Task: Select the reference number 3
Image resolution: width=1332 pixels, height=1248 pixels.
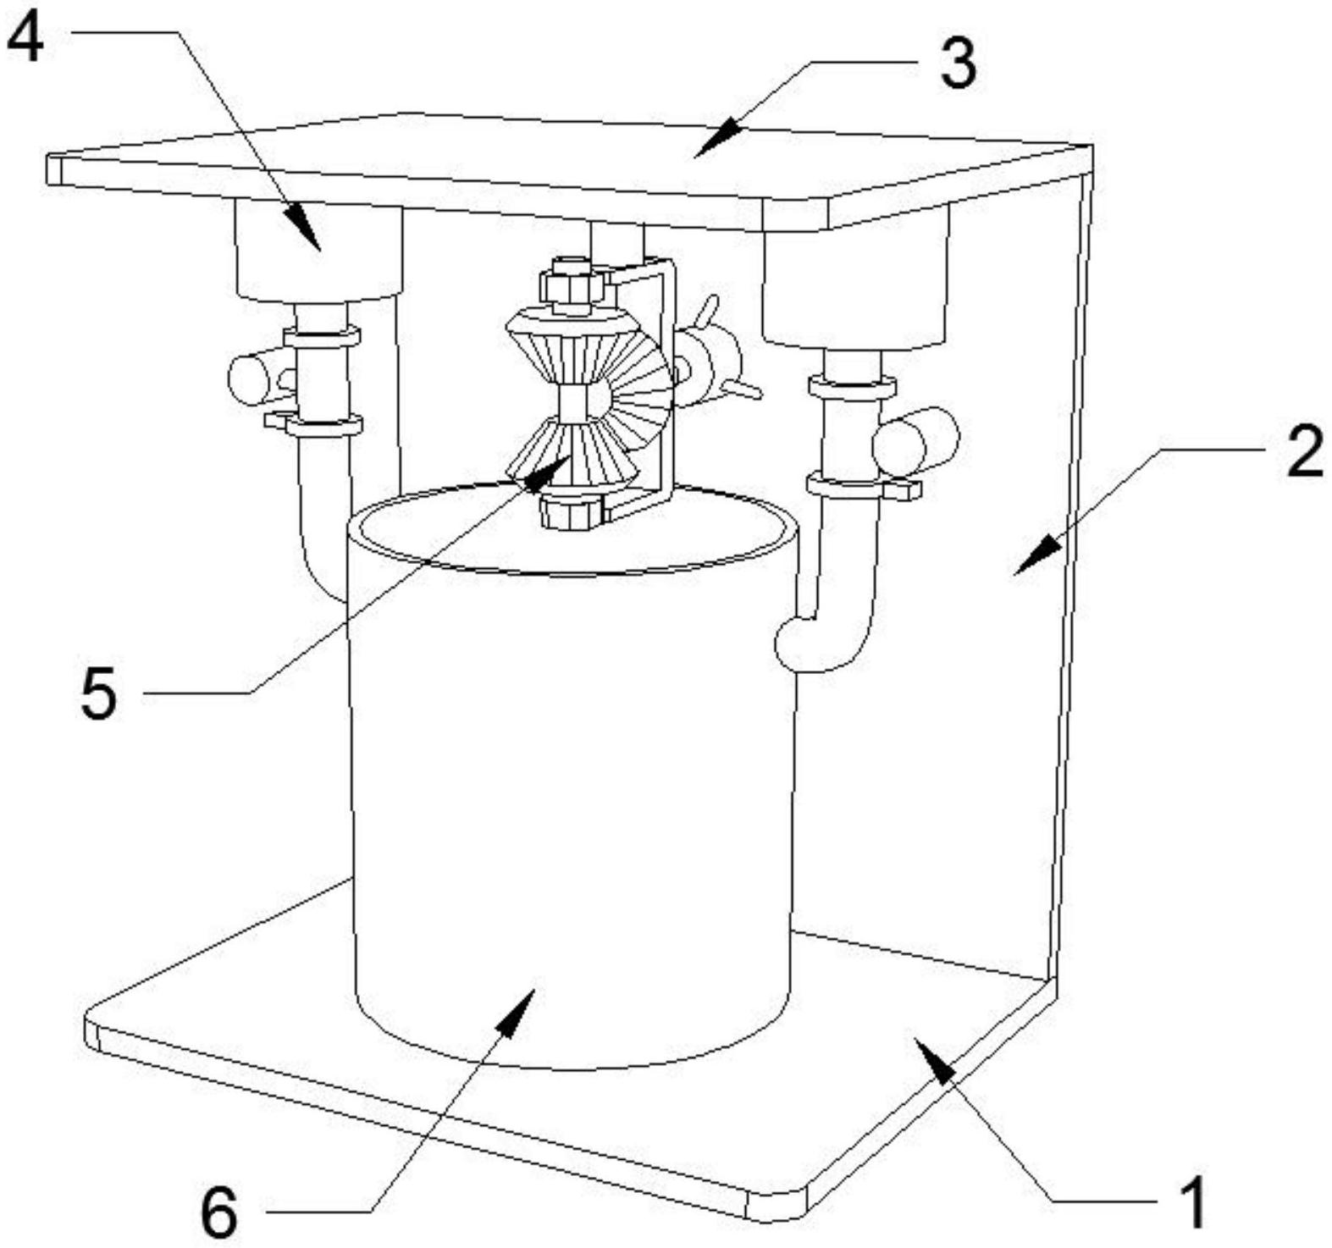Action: click(x=958, y=64)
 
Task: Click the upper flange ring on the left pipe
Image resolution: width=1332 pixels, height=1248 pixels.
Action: click(x=321, y=337)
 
